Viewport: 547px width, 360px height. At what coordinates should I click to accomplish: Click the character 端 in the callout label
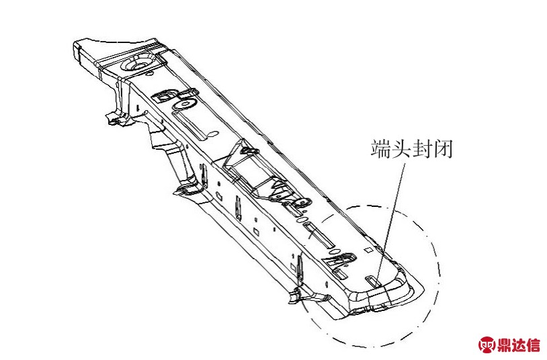click(x=380, y=149)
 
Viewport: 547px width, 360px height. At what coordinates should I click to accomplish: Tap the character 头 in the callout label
click(x=401, y=149)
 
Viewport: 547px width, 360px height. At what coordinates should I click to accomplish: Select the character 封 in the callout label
click(x=422, y=149)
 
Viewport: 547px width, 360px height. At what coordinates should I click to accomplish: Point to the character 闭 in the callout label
click(x=443, y=149)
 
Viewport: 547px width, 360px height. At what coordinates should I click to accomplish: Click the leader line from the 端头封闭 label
click(x=390, y=223)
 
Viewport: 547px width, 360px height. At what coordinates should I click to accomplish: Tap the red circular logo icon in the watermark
click(x=487, y=345)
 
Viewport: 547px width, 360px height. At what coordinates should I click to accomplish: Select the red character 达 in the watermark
click(x=519, y=345)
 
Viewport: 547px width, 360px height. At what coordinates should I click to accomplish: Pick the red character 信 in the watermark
click(x=534, y=345)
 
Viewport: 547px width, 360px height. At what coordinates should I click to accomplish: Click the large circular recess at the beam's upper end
click(x=138, y=64)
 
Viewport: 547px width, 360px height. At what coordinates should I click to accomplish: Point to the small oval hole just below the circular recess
click(x=149, y=74)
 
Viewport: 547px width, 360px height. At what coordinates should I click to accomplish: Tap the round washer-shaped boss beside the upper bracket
click(x=184, y=104)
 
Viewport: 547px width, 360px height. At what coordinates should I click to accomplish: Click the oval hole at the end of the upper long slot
click(x=213, y=133)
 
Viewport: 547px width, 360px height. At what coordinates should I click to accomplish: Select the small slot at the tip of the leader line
click(x=372, y=280)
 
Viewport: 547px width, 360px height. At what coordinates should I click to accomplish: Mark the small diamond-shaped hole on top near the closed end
click(x=368, y=250)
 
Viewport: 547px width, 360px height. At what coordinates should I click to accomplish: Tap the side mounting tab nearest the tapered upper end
click(x=117, y=119)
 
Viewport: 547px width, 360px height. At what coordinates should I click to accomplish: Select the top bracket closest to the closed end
click(x=339, y=262)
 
